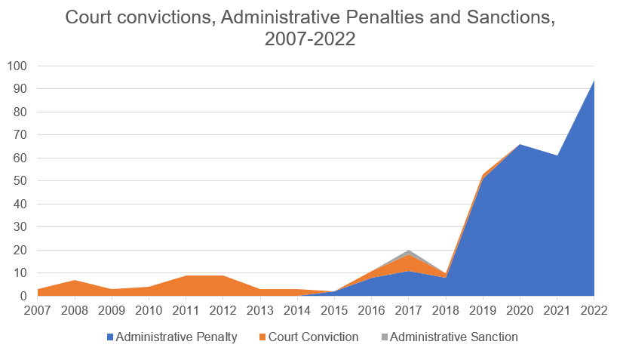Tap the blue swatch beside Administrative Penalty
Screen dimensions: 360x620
(x=111, y=337)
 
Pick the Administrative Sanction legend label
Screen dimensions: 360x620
(x=454, y=337)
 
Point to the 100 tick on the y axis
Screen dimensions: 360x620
(x=17, y=66)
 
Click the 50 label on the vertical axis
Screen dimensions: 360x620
(x=20, y=181)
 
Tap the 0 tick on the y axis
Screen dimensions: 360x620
(x=23, y=297)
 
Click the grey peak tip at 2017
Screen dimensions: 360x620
(x=407, y=251)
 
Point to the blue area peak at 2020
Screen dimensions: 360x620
(x=520, y=145)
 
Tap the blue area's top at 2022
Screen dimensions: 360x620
(x=594, y=81)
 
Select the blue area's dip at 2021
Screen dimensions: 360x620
(x=557, y=156)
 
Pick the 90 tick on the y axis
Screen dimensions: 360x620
(x=20, y=89)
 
